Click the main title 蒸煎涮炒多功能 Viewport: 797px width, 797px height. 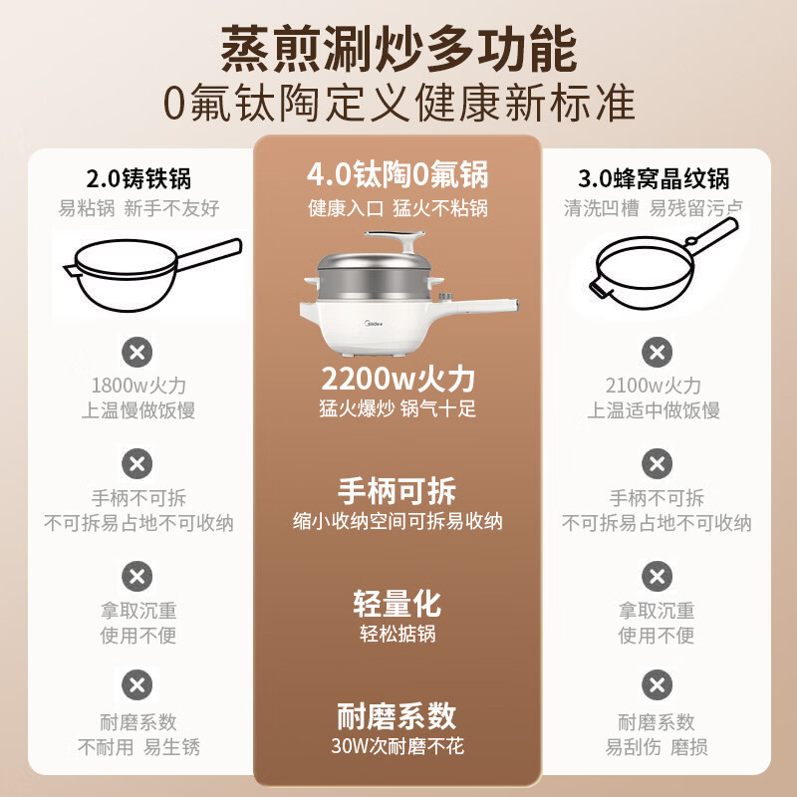tap(399, 49)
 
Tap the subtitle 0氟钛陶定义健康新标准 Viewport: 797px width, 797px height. tap(399, 104)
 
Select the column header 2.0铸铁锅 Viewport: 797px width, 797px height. tap(138, 178)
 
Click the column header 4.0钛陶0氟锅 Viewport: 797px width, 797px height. tap(398, 174)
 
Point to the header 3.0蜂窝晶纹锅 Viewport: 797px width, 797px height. tap(654, 178)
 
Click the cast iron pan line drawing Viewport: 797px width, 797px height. tap(152, 275)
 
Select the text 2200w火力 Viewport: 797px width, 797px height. tap(398, 379)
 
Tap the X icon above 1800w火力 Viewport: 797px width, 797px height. tap(137, 352)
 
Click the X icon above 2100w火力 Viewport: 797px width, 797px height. tap(658, 352)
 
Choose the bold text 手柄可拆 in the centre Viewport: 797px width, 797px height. tap(397, 491)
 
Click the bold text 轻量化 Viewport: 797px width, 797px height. tap(398, 604)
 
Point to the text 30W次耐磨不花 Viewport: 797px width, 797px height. tap(398, 745)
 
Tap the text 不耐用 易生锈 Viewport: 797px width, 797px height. tap(138, 747)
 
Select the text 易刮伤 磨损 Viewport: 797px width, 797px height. tap(657, 747)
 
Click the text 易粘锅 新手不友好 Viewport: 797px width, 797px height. tap(138, 208)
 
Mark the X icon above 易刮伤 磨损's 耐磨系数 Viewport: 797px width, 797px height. tap(658, 684)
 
